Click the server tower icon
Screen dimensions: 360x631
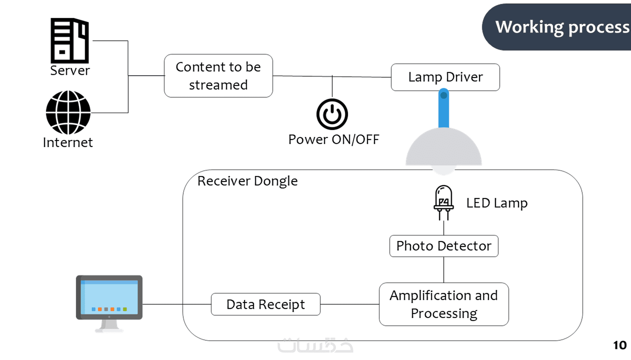pyautogui.click(x=70, y=40)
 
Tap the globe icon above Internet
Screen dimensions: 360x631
pyautogui.click(x=68, y=112)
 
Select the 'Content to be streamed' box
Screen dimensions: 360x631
pyautogui.click(x=218, y=76)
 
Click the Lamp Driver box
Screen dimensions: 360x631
pyautogui.click(x=445, y=77)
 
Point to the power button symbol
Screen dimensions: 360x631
pyautogui.click(x=332, y=114)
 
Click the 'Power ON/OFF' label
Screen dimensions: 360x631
pyautogui.click(x=334, y=140)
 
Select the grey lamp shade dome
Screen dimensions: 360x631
pyautogui.click(x=444, y=148)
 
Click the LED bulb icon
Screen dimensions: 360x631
pyautogui.click(x=444, y=200)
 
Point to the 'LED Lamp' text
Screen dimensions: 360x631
pyautogui.click(x=497, y=203)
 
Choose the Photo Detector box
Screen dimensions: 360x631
pyautogui.click(x=444, y=246)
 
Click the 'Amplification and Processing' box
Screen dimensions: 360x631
pyautogui.click(x=444, y=304)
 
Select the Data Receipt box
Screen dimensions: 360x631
pyautogui.click(x=265, y=304)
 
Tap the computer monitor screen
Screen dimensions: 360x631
pyautogui.click(x=109, y=297)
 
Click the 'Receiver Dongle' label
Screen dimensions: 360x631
pyautogui.click(x=247, y=181)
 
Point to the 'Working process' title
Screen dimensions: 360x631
pyautogui.click(x=562, y=27)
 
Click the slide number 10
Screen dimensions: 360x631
pyautogui.click(x=619, y=345)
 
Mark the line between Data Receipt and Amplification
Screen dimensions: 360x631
pyautogui.click(x=349, y=304)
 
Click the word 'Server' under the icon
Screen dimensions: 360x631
pyautogui.click(x=70, y=71)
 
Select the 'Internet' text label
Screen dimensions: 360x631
pyautogui.click(x=68, y=143)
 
